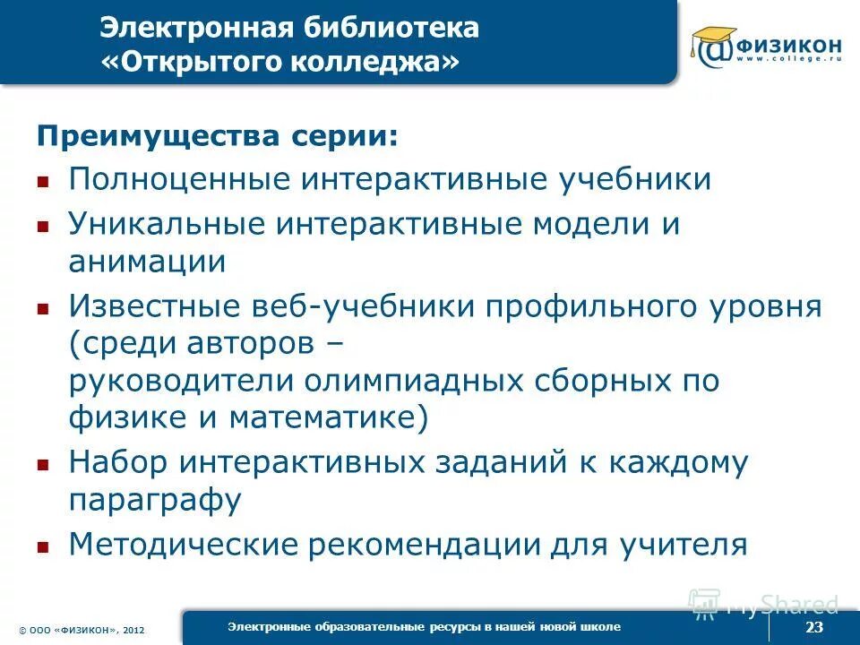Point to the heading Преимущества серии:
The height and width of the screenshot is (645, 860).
tap(215, 137)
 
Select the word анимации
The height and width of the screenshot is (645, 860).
tap(147, 262)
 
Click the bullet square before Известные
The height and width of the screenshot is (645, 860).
tap(42, 309)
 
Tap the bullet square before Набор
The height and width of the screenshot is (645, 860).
tap(42, 466)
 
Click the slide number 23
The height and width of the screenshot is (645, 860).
tap(813, 627)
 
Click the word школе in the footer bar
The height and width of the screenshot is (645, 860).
tap(601, 625)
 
